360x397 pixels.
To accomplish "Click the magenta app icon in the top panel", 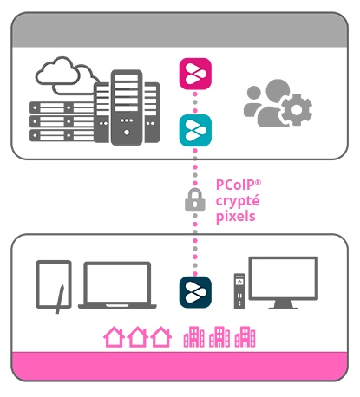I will (x=195, y=73).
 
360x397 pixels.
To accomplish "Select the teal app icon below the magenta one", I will (x=195, y=130).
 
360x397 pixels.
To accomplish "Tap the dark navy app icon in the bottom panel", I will (x=195, y=292).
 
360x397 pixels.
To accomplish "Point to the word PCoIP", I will (x=232, y=185).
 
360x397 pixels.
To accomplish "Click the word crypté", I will (x=237, y=201).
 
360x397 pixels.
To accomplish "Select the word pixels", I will (x=235, y=217).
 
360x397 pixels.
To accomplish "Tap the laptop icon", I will (x=117, y=285).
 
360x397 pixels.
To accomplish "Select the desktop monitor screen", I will (x=283, y=278).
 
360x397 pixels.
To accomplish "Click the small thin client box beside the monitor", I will (x=239, y=291).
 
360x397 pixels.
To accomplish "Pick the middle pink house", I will (x=137, y=336).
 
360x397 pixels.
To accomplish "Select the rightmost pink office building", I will (x=246, y=336).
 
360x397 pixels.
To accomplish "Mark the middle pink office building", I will (x=220, y=336).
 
